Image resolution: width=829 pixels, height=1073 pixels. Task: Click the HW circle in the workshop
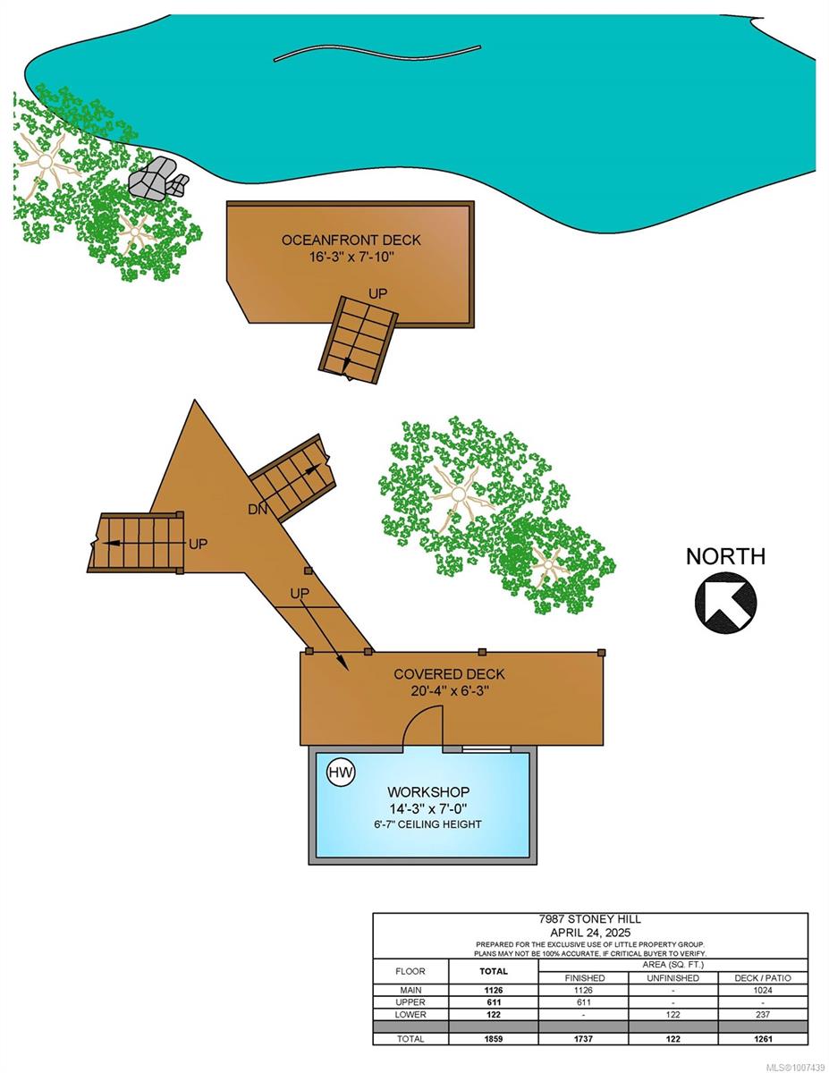pyautogui.click(x=341, y=772)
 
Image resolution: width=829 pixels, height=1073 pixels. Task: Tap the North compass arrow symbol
pyautogui.click(x=725, y=602)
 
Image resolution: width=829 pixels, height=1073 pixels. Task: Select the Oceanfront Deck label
pyautogui.click(x=351, y=240)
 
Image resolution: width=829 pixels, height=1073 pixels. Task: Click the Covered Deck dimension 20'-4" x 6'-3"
pyautogui.click(x=449, y=691)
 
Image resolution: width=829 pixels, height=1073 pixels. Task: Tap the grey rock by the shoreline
pyautogui.click(x=158, y=179)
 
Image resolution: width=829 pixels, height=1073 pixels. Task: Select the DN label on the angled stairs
pyautogui.click(x=258, y=509)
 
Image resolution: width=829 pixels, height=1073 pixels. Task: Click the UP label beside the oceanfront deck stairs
pyautogui.click(x=377, y=294)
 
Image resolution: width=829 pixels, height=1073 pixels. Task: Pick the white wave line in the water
pyautogui.click(x=376, y=54)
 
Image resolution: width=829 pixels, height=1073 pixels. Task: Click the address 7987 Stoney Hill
pyautogui.click(x=590, y=919)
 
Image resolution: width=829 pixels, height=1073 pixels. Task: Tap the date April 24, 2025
pyautogui.click(x=590, y=933)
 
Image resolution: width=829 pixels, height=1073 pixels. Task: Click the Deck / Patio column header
pyautogui.click(x=763, y=977)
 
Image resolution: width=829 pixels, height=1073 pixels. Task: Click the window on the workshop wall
pyautogui.click(x=486, y=748)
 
